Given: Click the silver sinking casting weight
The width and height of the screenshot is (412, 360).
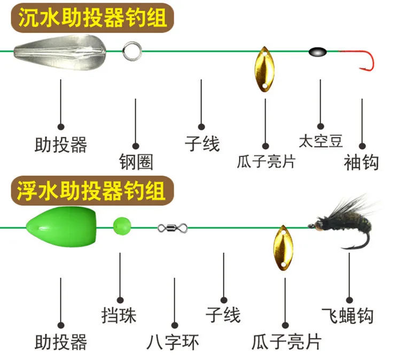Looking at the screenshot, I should click(58, 51).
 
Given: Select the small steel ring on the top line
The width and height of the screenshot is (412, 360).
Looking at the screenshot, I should click(130, 52).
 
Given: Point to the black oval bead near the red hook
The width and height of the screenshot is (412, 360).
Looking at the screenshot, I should click(317, 52).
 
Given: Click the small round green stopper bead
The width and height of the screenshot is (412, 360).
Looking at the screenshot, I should click(122, 225).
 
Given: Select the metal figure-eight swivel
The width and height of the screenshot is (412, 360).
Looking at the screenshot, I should click(173, 228).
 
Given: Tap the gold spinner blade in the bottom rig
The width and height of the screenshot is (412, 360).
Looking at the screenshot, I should click(281, 247).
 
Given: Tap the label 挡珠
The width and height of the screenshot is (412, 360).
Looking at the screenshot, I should click(119, 315).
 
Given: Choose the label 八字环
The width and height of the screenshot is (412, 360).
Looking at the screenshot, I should click(173, 341).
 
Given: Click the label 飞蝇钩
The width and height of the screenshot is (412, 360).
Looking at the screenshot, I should click(348, 315).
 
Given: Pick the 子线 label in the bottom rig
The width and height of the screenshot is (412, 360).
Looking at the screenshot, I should click(223, 315).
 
